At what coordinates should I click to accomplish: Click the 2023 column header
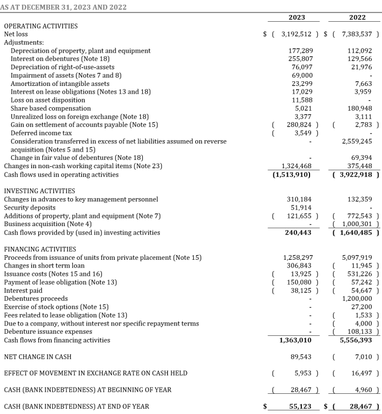pyautogui.click(x=297, y=17)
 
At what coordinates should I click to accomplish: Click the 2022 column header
pyautogui.click(x=357, y=17)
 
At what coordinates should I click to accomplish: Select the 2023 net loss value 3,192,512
pyautogui.click(x=296, y=34)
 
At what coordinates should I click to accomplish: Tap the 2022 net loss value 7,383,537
pyautogui.click(x=357, y=34)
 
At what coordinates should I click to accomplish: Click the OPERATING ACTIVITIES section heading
pyautogui.click(x=41, y=26)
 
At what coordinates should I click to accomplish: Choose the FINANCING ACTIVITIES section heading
pyautogui.click(x=40, y=249)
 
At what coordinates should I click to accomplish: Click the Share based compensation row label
pyautogui.click(x=51, y=109)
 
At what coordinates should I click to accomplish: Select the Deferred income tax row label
pyautogui.click(x=41, y=133)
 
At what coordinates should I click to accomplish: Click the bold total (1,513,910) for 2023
pyautogui.click(x=291, y=174)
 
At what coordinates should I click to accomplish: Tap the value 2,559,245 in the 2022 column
pyautogui.click(x=357, y=141)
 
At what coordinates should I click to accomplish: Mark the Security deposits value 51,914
pyautogui.click(x=300, y=208)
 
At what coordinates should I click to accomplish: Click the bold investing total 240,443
pyautogui.click(x=298, y=232)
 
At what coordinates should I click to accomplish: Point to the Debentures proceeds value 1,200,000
pyautogui.click(x=357, y=299)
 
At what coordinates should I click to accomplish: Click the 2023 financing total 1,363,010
pyautogui.click(x=296, y=340)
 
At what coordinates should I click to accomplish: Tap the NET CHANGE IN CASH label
pyautogui.click(x=38, y=357)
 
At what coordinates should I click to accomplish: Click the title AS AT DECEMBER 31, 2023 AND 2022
pyautogui.click(x=64, y=7)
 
